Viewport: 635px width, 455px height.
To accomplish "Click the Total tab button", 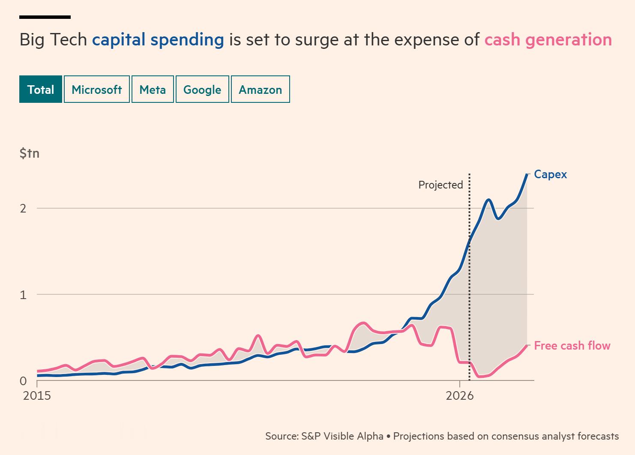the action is (x=41, y=89).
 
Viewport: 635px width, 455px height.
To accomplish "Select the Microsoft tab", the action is (x=97, y=89).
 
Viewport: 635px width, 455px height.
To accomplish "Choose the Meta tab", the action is (x=153, y=89).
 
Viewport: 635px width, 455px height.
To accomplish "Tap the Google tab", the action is (x=202, y=89).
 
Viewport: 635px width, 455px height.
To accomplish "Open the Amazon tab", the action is (x=260, y=89).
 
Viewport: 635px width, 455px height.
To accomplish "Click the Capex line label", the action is (x=550, y=175).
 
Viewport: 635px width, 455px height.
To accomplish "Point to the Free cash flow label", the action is (x=572, y=346).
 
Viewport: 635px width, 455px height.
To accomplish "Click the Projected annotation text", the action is (x=440, y=185).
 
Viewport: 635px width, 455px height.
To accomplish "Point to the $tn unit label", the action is (x=30, y=153).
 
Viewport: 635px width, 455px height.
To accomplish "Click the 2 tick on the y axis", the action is (x=23, y=209).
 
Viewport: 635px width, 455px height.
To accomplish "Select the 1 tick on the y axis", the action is (x=23, y=295).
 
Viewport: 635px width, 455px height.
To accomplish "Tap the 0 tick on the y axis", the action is (x=23, y=381).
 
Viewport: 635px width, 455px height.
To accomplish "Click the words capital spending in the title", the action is (x=158, y=40).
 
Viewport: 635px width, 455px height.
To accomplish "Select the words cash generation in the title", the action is (x=548, y=40).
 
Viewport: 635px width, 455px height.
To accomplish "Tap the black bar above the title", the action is (x=45, y=17).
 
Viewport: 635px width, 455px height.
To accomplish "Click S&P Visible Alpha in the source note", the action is (x=342, y=436).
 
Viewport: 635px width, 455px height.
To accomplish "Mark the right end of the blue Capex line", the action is (x=527, y=174).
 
